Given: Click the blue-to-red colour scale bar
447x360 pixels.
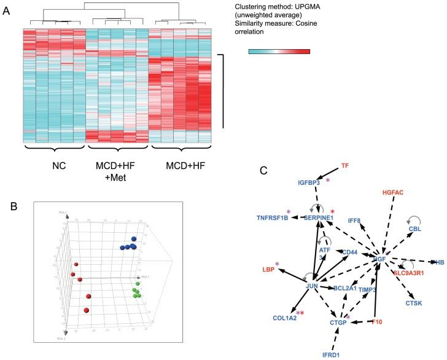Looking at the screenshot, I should pyautogui.click(x=279, y=51).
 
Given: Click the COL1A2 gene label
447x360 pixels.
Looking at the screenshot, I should pyautogui.click(x=285, y=318).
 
